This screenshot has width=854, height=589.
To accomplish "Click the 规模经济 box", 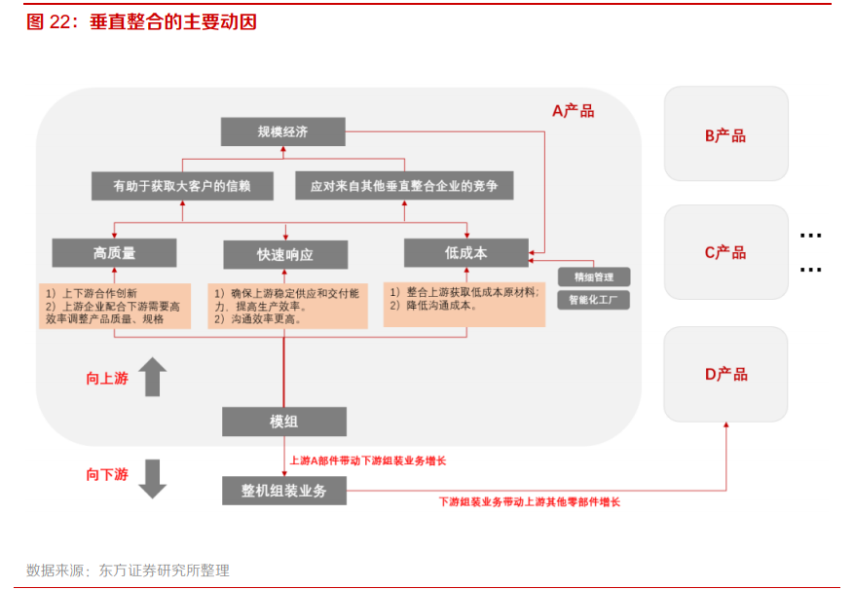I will click(x=282, y=131).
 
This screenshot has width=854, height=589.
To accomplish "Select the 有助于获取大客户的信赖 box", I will click(x=182, y=186).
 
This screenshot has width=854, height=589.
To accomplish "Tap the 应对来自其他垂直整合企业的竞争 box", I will click(x=404, y=186).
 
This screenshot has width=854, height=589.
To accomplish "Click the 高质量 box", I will click(x=114, y=253).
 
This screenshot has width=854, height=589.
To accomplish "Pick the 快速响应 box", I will click(x=285, y=254).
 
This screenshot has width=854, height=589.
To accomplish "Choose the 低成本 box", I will click(x=465, y=253).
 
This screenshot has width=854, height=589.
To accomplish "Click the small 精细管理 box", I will click(x=593, y=277).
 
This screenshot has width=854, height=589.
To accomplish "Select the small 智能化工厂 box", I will click(x=593, y=301).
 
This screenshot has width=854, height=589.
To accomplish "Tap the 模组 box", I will click(x=283, y=422).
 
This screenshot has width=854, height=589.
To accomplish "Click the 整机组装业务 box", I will click(x=283, y=491).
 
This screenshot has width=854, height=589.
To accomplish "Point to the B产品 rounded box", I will click(x=725, y=134).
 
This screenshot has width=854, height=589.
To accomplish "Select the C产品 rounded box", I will click(x=725, y=252).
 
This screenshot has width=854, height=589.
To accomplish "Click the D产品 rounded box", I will click(x=725, y=374).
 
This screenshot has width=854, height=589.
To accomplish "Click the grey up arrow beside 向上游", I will click(x=152, y=377).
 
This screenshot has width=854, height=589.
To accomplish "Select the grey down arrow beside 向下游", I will click(x=152, y=477).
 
